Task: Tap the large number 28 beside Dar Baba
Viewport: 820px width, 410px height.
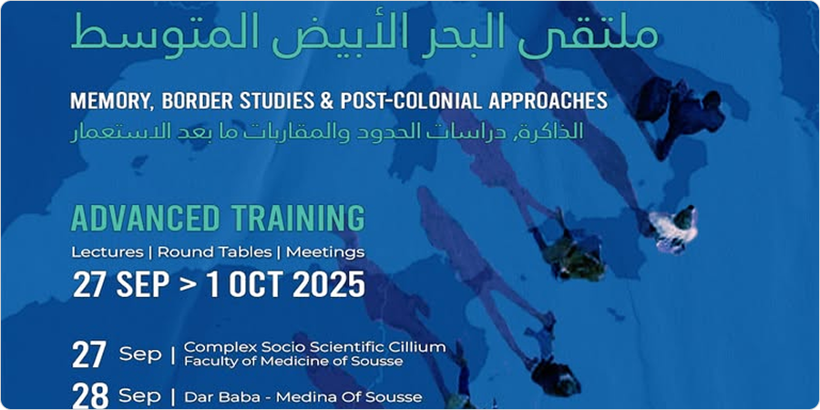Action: click(89, 396)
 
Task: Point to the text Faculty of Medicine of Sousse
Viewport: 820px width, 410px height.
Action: click(292, 361)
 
